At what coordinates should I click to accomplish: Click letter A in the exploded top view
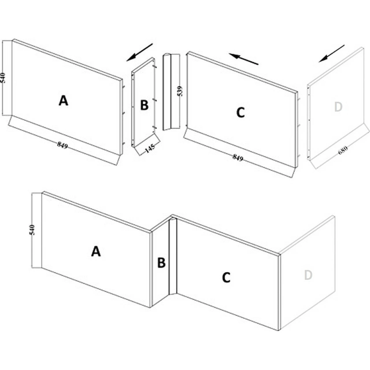point(63,101)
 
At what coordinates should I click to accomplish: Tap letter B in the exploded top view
point(144,105)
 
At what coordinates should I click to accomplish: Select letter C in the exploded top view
point(240,112)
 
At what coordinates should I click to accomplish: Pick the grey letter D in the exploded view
point(338,107)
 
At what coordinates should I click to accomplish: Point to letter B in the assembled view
point(161,263)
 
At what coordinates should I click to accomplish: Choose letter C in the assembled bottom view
point(226,278)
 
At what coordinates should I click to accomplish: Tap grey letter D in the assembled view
point(308,275)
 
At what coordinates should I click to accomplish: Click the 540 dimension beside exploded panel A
point(3,78)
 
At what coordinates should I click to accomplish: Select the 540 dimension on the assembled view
point(32,230)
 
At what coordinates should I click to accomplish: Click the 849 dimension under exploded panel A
point(62,145)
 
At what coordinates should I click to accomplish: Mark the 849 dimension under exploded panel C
point(238,157)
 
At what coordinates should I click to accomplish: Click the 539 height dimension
point(180,91)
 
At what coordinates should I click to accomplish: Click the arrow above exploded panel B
point(140,52)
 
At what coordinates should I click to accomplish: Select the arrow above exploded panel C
point(243,59)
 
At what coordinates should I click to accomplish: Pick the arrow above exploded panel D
point(332,53)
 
